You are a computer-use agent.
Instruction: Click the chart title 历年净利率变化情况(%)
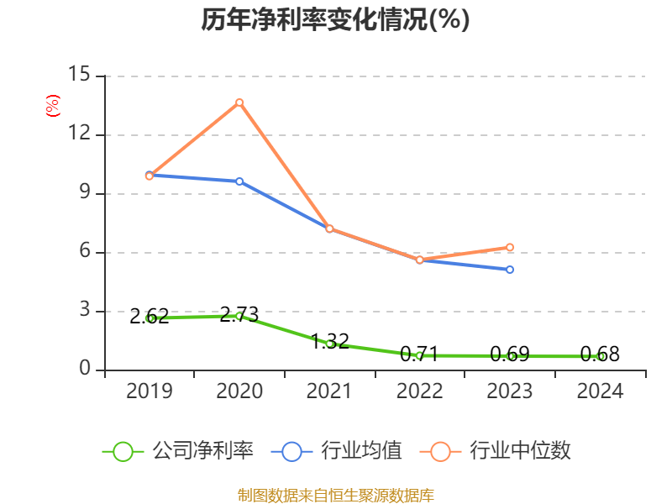coord(335,20)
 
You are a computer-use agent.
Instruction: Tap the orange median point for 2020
coord(239,102)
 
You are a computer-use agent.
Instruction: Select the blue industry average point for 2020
coord(239,181)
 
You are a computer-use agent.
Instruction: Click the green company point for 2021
coord(329,344)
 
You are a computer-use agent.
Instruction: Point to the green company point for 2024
coord(600,356)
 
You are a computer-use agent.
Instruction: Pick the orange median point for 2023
coord(510,247)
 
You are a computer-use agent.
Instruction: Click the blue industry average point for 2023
coord(510,270)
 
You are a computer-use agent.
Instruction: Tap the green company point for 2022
coord(419,355)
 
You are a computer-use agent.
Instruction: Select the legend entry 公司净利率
coord(177,451)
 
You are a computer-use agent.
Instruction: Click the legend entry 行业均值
coord(336,451)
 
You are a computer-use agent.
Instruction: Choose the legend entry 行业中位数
coord(501,451)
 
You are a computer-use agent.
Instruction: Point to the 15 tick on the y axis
coord(79,76)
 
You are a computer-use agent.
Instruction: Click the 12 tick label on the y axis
coord(79,134)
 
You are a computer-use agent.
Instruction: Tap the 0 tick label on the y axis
coord(85,370)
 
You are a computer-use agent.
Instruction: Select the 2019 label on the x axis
coord(150,391)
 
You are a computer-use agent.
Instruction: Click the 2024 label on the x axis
coord(600,391)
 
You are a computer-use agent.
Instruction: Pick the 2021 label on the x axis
coord(329,391)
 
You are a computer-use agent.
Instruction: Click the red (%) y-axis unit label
coord(52,106)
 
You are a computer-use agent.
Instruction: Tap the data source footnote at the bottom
coord(335,495)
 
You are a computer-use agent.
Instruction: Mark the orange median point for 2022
coord(419,260)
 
